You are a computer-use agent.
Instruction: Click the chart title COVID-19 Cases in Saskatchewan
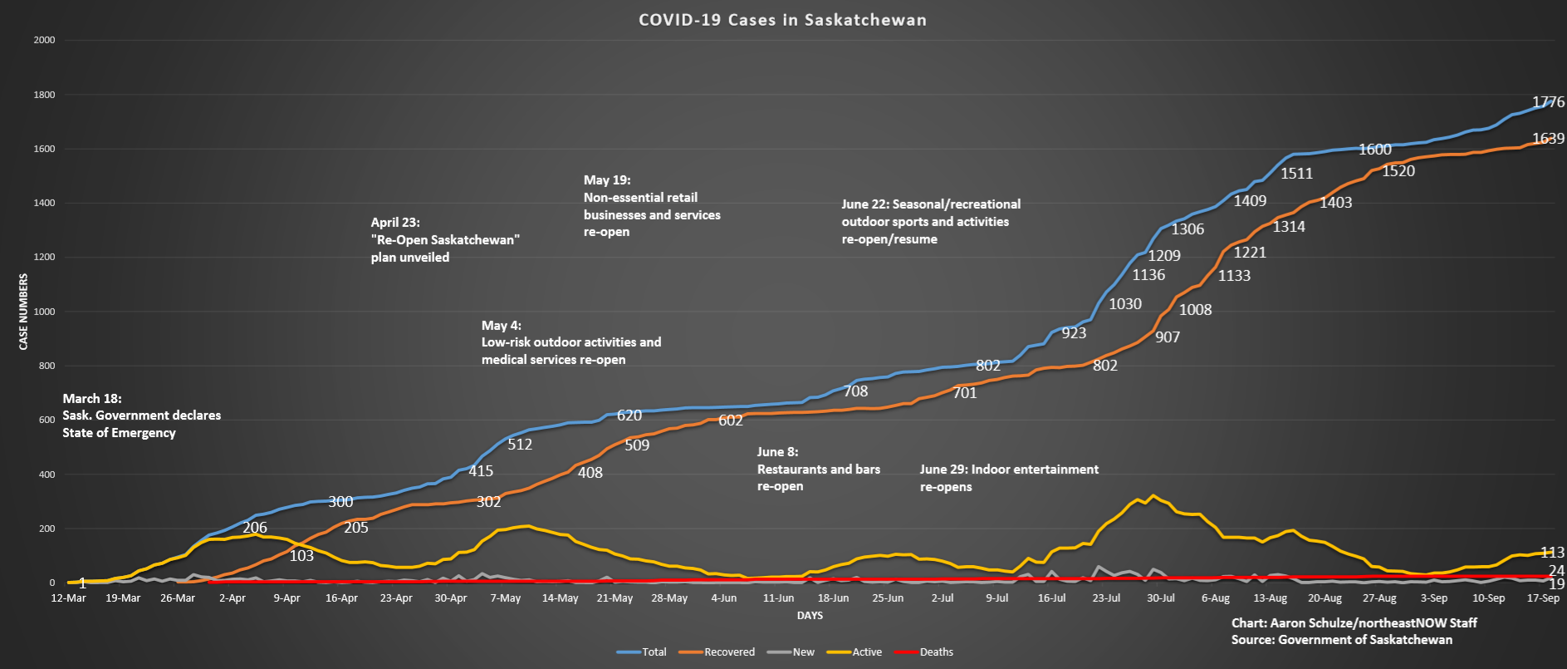pos(782,20)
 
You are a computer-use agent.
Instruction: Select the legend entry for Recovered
pos(729,652)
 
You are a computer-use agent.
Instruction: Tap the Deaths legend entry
pos(936,652)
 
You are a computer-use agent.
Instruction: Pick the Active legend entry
pos(867,652)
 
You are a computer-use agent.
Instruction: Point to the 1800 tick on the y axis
pos(44,95)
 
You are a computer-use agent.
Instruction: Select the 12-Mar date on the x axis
pos(68,598)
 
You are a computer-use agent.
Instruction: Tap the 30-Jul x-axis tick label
pos(1161,598)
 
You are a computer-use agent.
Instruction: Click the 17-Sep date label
pos(1543,598)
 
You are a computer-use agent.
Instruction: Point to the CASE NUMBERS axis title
pos(23,312)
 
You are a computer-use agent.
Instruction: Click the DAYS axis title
pos(810,616)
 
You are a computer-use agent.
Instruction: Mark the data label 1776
pos(1548,102)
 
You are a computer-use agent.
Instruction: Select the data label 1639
pos(1548,139)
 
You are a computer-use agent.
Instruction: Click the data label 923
pos(1074,333)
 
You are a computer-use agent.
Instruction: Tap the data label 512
pos(520,445)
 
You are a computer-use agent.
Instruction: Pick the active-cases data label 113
pos(1552,553)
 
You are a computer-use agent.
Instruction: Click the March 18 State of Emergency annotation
pos(141,416)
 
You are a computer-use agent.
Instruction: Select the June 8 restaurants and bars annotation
pos(818,469)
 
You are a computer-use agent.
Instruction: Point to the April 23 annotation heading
pos(395,223)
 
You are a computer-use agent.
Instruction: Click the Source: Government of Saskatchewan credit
pos(1341,640)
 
